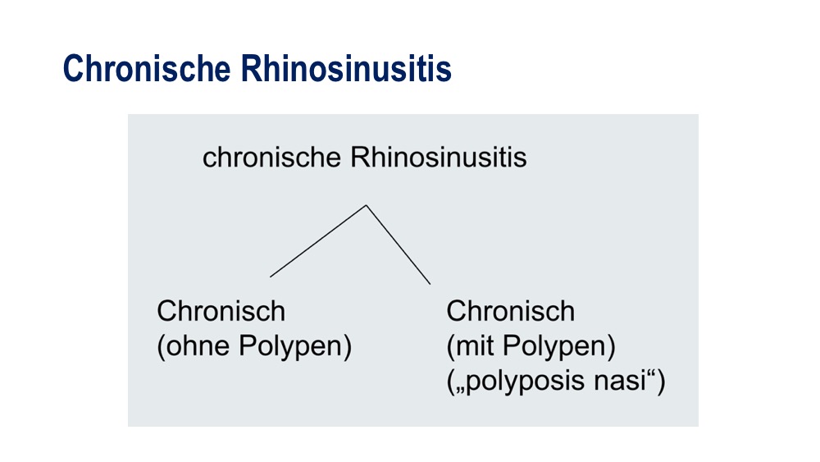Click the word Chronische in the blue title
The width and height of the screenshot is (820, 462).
tap(147, 68)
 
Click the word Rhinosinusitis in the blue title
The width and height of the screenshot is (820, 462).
tap(346, 68)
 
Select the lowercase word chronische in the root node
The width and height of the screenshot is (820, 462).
tap(271, 157)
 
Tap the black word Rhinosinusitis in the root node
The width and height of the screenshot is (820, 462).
tap(438, 157)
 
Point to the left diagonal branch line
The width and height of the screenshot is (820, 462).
tap(318, 241)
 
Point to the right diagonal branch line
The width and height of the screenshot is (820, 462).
tap(398, 245)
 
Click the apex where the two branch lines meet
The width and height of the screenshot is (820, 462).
tap(366, 205)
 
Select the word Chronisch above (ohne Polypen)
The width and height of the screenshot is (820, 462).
tap(221, 311)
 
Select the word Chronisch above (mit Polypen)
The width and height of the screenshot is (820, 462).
tap(510, 311)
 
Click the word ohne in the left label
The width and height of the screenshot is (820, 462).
tap(197, 345)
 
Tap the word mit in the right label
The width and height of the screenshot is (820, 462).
tap(474, 345)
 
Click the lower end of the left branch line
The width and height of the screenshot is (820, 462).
tap(271, 277)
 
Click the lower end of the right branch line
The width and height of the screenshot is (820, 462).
tap(430, 284)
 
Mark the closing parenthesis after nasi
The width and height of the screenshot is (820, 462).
tap(661, 382)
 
